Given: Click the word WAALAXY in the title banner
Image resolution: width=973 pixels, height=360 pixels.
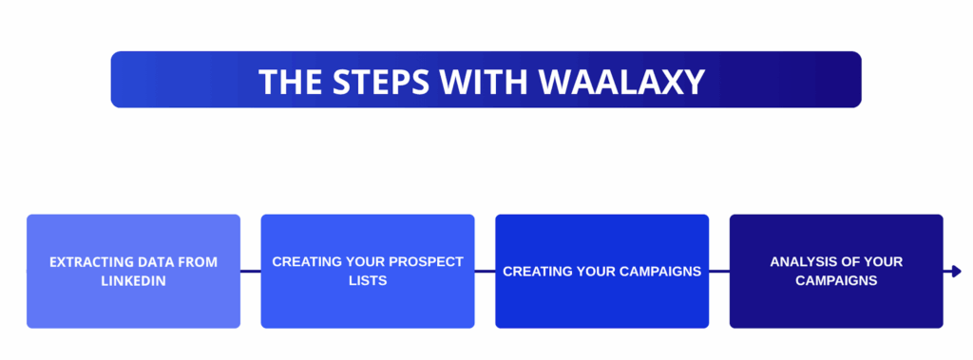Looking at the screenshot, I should [621, 82].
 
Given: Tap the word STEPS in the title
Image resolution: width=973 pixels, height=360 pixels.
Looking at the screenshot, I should [375, 82].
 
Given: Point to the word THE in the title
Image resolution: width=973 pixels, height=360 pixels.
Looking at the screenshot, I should [291, 82].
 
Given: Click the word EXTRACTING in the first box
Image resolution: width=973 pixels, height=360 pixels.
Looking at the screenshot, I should [88, 262].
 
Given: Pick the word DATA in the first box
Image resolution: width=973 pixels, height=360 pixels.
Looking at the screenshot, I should [152, 262].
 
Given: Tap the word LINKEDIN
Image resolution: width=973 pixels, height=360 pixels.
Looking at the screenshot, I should [133, 281].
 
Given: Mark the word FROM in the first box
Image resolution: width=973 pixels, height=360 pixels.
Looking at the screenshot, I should [197, 262].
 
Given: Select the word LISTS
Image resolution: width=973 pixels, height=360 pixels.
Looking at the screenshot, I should [368, 281].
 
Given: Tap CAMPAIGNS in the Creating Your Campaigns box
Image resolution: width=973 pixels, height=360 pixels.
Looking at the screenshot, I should [658, 272].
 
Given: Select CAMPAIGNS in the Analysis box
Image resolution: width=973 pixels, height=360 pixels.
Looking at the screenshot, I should [836, 281].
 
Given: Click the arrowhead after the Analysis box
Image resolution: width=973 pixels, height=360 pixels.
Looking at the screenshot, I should [955, 272].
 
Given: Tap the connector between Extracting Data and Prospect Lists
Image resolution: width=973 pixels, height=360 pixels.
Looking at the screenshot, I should [251, 272].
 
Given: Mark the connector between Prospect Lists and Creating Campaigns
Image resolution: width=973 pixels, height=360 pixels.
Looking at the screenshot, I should [485, 272].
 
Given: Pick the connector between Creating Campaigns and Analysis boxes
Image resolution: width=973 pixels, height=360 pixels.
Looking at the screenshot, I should [719, 272].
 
